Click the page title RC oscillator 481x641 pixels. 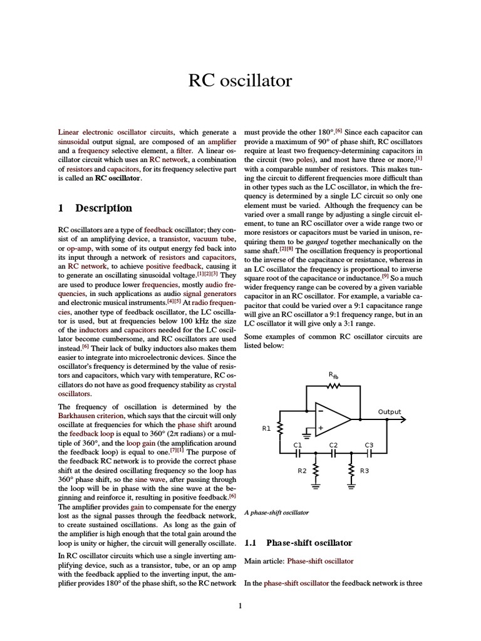tap(240, 81)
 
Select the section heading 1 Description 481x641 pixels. tap(95, 208)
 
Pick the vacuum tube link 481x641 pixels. tap(215, 239)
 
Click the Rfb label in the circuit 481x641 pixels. tap(333, 375)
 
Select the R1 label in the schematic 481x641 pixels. tap(266, 429)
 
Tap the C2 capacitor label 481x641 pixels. tap(333, 445)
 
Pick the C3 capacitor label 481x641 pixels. tap(369, 445)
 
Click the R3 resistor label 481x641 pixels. tap(365, 470)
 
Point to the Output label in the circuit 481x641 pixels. tap(390, 412)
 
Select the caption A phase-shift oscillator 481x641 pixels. tap(276, 512)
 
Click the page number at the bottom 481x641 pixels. tap(240, 605)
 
